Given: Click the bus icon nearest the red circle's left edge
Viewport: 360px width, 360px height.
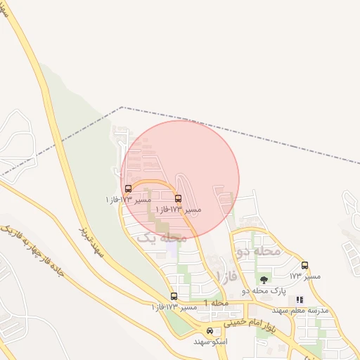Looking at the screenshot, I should [x=128, y=188].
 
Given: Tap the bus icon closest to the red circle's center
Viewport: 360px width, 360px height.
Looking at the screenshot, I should [x=177, y=199].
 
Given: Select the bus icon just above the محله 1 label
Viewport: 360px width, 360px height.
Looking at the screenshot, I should [x=174, y=296].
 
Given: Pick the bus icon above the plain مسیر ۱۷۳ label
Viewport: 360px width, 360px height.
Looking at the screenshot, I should [x=304, y=265].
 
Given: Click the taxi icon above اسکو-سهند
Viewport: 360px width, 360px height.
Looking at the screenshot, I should [x=210, y=330].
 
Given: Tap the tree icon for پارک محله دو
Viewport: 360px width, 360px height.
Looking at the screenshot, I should [x=264, y=280].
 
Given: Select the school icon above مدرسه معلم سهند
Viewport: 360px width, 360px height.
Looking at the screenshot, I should [x=300, y=300].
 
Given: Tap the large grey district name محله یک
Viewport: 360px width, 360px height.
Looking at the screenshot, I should [x=162, y=238].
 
